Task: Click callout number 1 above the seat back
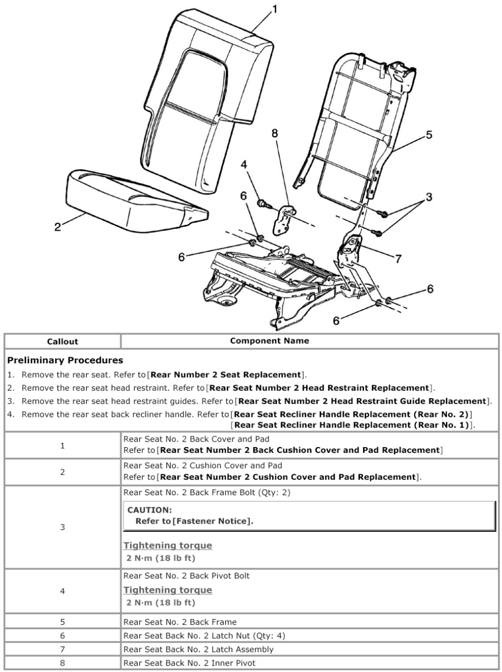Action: pyautogui.click(x=275, y=9)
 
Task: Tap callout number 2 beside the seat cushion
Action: pyautogui.click(x=57, y=226)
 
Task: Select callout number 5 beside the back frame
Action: pyautogui.click(x=429, y=134)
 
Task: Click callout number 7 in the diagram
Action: pyautogui.click(x=398, y=259)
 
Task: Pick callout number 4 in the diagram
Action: pyautogui.click(x=244, y=165)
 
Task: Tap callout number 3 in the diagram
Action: pyautogui.click(x=429, y=196)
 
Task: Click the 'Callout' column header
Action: pyautogui.click(x=62, y=342)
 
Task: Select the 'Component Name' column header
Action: pyautogui.click(x=269, y=341)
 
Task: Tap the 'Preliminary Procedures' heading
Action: pyautogui.click(x=65, y=361)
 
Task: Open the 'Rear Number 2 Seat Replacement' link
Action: pyautogui.click(x=226, y=375)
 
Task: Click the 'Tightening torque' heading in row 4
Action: pyautogui.click(x=168, y=590)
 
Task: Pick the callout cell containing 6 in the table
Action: pyautogui.click(x=62, y=636)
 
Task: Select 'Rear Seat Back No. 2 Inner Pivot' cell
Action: pyautogui.click(x=189, y=663)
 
